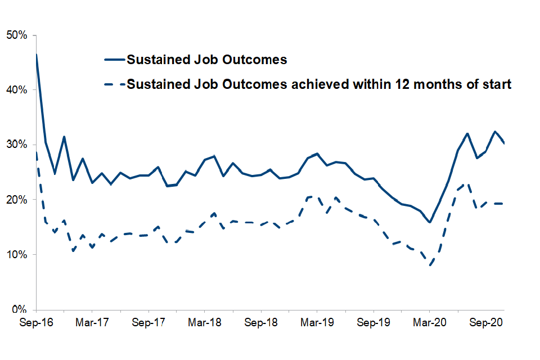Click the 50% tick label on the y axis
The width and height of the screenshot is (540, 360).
pos(20,35)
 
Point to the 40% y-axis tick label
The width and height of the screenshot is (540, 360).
pos(20,90)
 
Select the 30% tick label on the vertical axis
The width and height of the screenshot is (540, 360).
pos(20,145)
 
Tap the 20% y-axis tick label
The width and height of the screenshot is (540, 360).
pos(20,200)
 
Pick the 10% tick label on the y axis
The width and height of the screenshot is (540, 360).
pos(20,255)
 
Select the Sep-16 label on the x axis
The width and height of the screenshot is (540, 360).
pos(36,323)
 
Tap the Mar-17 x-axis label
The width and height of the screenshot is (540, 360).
pos(92,323)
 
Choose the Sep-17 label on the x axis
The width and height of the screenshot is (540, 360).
pos(148,323)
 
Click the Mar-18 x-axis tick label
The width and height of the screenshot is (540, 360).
pos(205,323)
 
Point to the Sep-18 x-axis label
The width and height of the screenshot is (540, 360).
pos(261,323)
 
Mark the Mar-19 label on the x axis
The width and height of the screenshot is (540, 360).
pos(317,323)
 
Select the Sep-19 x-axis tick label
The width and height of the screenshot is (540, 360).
pos(373,323)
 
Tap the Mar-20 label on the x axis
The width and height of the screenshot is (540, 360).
pos(430,323)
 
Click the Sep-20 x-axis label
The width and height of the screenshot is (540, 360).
pos(486,323)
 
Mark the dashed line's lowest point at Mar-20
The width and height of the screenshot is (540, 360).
pos(430,265)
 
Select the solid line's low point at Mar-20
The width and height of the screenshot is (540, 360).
pos(430,222)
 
